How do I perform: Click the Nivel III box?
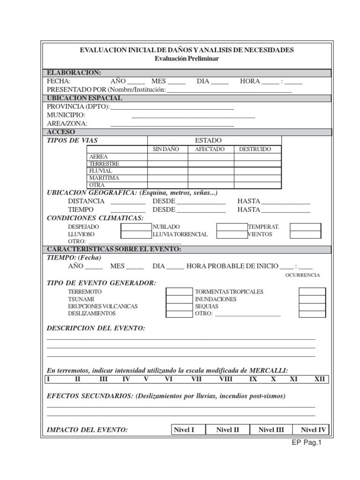click(x=271, y=430)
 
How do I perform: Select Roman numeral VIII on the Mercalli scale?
click(x=225, y=379)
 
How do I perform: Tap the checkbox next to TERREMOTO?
click(x=179, y=292)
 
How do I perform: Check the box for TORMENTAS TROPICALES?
click(x=312, y=292)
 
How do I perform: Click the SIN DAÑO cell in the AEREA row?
click(x=168, y=157)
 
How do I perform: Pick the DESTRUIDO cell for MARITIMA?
click(x=258, y=178)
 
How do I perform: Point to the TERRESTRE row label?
click(x=104, y=164)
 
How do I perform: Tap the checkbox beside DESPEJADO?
click(x=136, y=227)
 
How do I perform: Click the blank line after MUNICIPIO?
click(x=193, y=116)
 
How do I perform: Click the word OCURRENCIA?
click(x=302, y=275)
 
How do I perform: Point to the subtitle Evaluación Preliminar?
click(x=187, y=59)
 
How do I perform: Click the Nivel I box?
click(x=184, y=430)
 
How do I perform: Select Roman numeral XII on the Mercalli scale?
click(x=319, y=379)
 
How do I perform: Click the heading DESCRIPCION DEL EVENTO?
click(x=96, y=328)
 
